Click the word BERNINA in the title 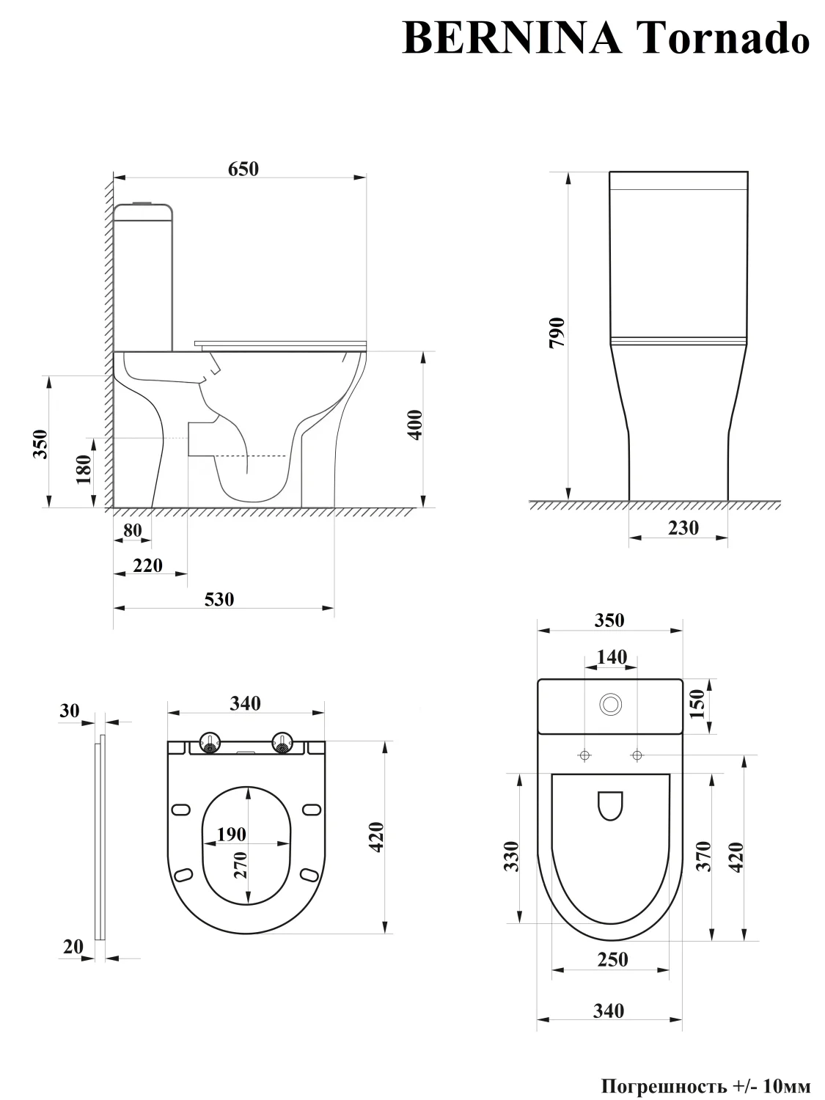pyautogui.click(x=512, y=39)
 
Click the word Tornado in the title pyautogui.click(x=725, y=39)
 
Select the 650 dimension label pyautogui.click(x=243, y=169)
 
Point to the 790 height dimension pyautogui.click(x=557, y=332)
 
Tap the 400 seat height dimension pyautogui.click(x=416, y=425)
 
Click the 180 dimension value pyautogui.click(x=84, y=469)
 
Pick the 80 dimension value pyautogui.click(x=132, y=530)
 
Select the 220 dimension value pyautogui.click(x=148, y=565)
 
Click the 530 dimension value pyautogui.click(x=219, y=599)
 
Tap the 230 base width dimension pyautogui.click(x=683, y=528)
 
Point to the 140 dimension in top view pyautogui.click(x=612, y=657)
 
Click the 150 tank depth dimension pyautogui.click(x=697, y=703)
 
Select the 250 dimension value pyautogui.click(x=612, y=960)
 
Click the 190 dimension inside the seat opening pyautogui.click(x=232, y=835)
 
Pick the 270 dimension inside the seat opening pyautogui.click(x=241, y=865)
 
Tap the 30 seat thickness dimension pyautogui.click(x=69, y=711)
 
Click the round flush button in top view pyautogui.click(x=611, y=705)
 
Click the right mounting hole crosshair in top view pyautogui.click(x=637, y=755)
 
